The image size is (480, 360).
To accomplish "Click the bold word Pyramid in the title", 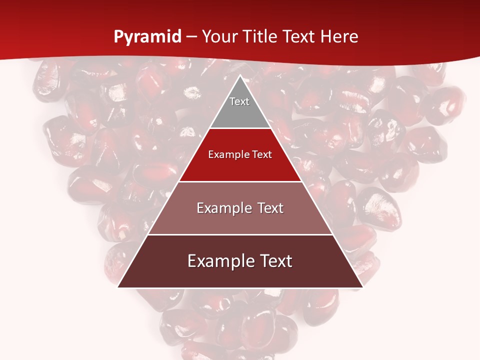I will [147, 37].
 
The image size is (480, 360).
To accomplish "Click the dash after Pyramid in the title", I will [191, 37].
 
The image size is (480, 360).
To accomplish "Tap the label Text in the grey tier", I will [239, 101].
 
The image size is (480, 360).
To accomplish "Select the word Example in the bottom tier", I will [220, 261].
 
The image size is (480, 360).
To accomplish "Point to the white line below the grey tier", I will [240, 128].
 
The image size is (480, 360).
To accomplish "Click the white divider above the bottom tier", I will [240, 234].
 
